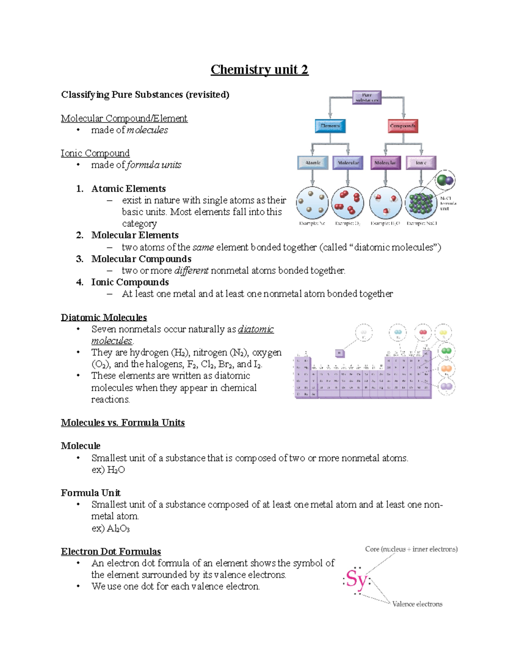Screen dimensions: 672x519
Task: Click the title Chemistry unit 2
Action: pyautogui.click(x=259, y=70)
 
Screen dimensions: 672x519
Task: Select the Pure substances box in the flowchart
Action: pyautogui.click(x=366, y=97)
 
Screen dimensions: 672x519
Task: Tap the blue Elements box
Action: pyautogui.click(x=330, y=126)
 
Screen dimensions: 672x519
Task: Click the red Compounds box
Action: pyautogui.click(x=403, y=126)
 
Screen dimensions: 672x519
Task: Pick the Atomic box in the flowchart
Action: pyautogui.click(x=313, y=163)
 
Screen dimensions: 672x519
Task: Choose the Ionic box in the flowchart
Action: pyautogui.click(x=421, y=163)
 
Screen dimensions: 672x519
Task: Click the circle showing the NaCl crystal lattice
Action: pyautogui.click(x=421, y=203)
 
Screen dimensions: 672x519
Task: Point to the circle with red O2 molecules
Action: pyautogui.click(x=348, y=203)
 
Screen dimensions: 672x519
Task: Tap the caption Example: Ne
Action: pyautogui.click(x=312, y=223)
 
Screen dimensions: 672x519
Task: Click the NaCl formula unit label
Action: pyautogui.click(x=448, y=203)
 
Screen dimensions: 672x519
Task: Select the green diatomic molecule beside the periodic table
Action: pyautogui.click(x=446, y=351)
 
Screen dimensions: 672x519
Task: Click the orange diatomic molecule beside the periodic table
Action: pyautogui.click(x=446, y=369)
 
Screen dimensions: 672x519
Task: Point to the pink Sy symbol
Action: pyautogui.click(x=356, y=579)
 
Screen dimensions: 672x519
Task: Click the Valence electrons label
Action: pyautogui.click(x=417, y=604)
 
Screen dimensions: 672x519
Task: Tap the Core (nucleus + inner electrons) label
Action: pyautogui.click(x=411, y=549)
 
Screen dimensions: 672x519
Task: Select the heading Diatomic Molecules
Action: pyautogui.click(x=104, y=318)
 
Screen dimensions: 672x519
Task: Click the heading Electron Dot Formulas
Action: pyautogui.click(x=111, y=552)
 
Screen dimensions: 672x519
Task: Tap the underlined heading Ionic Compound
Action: pyautogui.click(x=95, y=153)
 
